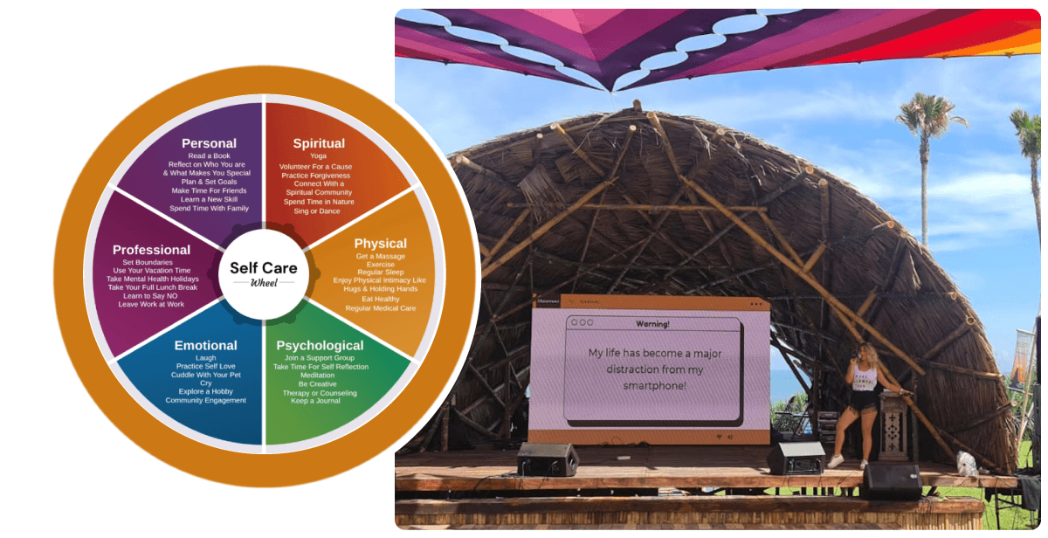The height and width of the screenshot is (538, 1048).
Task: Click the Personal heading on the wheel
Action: pyautogui.click(x=209, y=143)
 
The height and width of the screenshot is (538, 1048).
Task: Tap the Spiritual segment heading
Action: pyautogui.click(x=319, y=143)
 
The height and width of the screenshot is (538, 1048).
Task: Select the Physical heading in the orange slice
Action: pyautogui.click(x=381, y=244)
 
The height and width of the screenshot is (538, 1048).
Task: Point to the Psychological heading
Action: pyautogui.click(x=320, y=346)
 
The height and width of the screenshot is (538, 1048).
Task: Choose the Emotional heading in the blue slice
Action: pyautogui.click(x=205, y=345)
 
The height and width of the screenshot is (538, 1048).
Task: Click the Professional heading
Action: pyautogui.click(x=151, y=250)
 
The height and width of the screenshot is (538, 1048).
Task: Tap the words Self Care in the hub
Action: pyautogui.click(x=264, y=267)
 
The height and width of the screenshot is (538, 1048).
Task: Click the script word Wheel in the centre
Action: pyautogui.click(x=264, y=283)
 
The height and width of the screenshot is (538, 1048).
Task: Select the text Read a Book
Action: pyautogui.click(x=209, y=155)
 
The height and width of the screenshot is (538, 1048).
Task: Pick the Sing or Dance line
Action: pyautogui.click(x=317, y=211)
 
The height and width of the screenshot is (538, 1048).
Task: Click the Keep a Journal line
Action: pyautogui.click(x=315, y=401)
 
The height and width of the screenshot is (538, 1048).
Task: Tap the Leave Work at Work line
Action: pyautogui.click(x=151, y=304)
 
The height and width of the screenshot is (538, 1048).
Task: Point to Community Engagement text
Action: pyautogui.click(x=205, y=401)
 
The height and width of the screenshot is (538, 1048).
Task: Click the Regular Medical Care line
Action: pyautogui.click(x=381, y=308)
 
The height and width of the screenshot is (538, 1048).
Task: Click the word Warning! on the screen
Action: pyautogui.click(x=652, y=324)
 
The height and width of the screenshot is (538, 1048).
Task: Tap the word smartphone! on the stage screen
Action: pyautogui.click(x=654, y=386)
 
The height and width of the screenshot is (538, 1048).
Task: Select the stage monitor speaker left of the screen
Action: pyautogui.click(x=547, y=459)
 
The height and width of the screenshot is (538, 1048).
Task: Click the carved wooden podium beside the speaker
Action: pyautogui.click(x=893, y=425)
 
